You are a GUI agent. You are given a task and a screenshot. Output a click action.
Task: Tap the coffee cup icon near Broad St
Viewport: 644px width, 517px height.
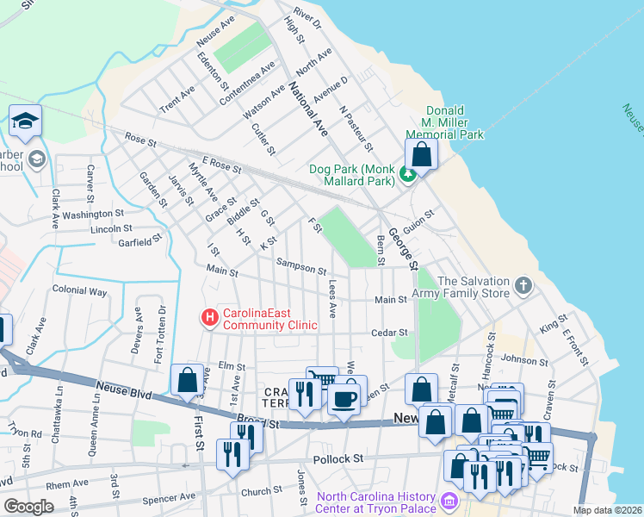tap(344, 399)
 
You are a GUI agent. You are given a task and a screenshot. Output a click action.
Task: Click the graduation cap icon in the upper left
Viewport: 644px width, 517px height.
tap(26, 121)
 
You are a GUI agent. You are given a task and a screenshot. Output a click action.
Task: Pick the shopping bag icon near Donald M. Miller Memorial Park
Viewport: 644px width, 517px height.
tap(421, 155)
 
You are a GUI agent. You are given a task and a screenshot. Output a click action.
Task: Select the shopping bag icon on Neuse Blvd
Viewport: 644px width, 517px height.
tap(187, 380)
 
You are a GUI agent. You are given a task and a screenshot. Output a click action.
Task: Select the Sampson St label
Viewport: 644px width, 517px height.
tap(300, 265)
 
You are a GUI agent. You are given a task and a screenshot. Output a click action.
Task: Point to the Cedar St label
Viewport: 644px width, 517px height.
tap(388, 333)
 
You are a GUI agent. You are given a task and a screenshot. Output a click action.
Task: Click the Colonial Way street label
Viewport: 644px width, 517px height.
tap(79, 291)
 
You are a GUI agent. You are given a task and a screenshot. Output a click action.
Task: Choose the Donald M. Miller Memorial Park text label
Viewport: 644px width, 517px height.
tap(454, 123)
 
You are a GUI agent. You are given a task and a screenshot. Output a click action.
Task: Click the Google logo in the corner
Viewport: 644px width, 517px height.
tap(29, 507)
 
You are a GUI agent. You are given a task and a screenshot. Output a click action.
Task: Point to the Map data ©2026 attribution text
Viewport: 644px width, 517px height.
tap(608, 510)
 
